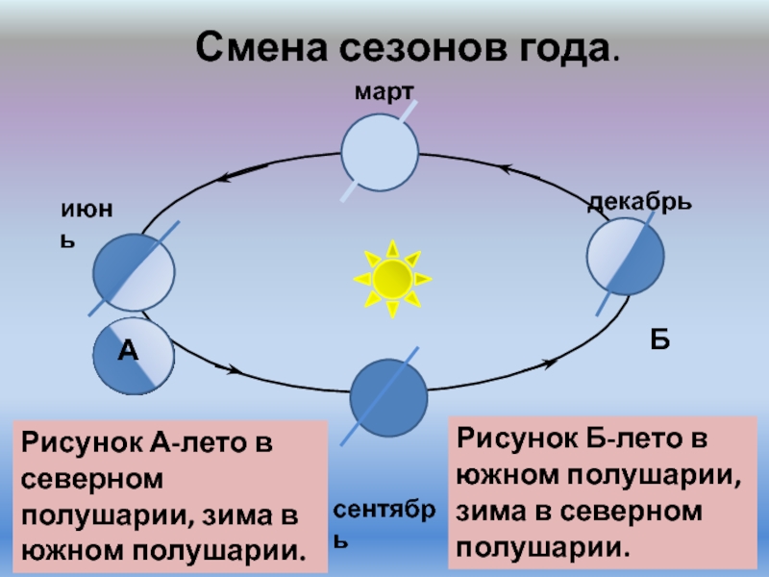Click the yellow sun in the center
[392, 278]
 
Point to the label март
[384, 91]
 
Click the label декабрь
[638, 204]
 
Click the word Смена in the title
[259, 45]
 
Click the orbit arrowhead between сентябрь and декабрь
[550, 363]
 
